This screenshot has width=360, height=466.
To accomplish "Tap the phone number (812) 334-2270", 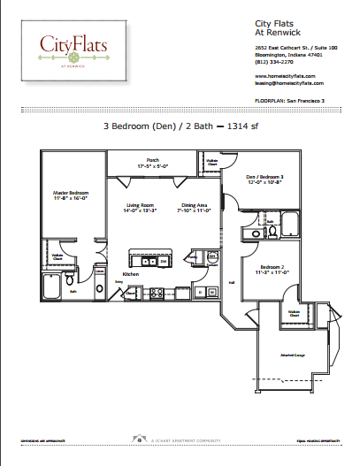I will pyautogui.click(x=272, y=62).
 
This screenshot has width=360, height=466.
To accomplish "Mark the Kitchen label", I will pyautogui.click(x=129, y=274).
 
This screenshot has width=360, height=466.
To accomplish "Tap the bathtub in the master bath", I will pyautogui.click(x=50, y=285).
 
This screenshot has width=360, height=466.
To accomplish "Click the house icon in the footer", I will pyautogui.click(x=138, y=439).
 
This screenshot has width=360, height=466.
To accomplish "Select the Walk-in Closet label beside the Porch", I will pyautogui.click(x=211, y=161).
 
